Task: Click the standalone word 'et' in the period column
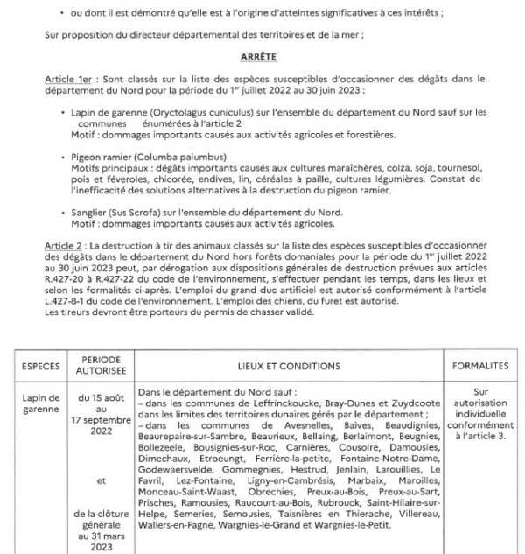tap(104, 480)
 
